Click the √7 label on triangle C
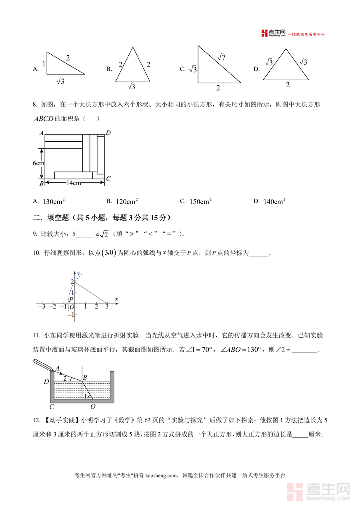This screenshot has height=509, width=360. (222, 57)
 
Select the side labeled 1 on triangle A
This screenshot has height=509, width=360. (44, 64)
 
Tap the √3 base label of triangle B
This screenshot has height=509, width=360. (131, 86)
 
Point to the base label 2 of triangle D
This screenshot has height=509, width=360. (287, 85)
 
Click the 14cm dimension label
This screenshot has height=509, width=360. (74, 183)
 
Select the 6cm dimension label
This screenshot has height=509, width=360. (38, 163)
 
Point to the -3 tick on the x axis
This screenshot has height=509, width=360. (41, 307)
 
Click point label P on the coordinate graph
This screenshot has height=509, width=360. (71, 299)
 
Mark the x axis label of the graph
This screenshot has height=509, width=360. (116, 299)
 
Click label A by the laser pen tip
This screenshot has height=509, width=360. (57, 368)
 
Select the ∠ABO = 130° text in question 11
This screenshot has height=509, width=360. (240, 349)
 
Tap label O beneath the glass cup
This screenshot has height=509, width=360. (93, 407)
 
